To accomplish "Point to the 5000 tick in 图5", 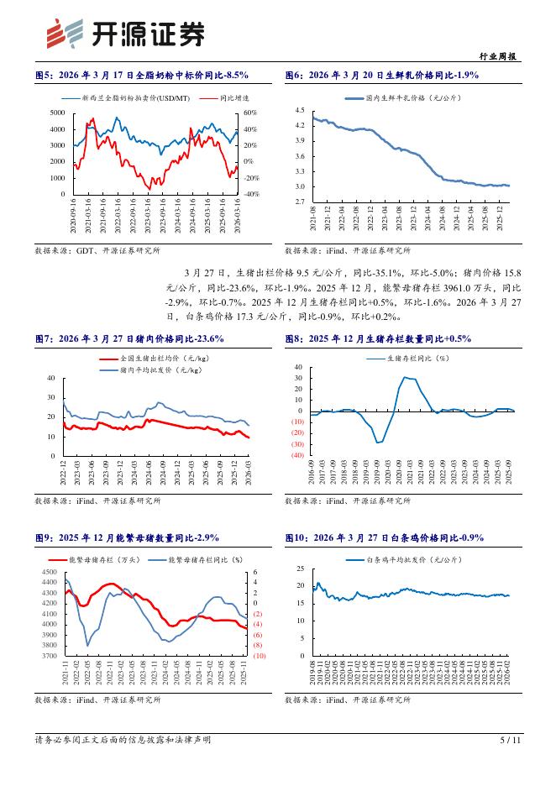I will click(58, 113).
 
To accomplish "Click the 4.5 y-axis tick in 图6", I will click(299, 111).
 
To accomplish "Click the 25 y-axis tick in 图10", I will click(300, 569).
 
